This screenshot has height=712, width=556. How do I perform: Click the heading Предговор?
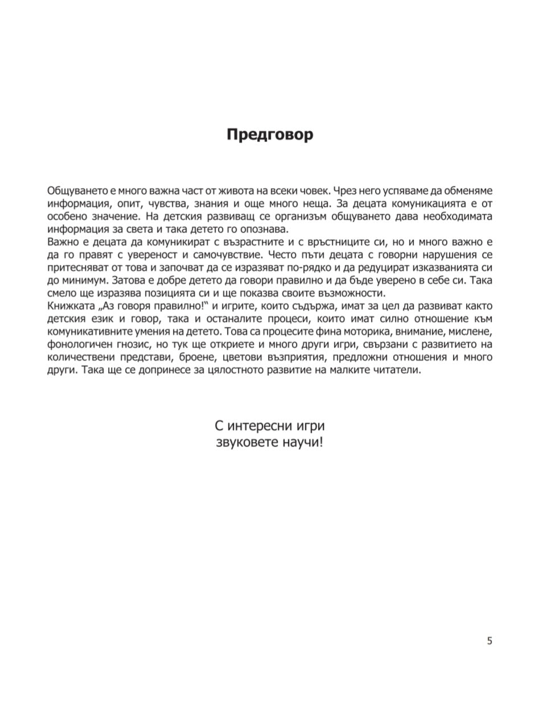270,135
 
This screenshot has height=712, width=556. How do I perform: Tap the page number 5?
489,641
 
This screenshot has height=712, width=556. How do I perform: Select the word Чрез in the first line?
347,190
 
